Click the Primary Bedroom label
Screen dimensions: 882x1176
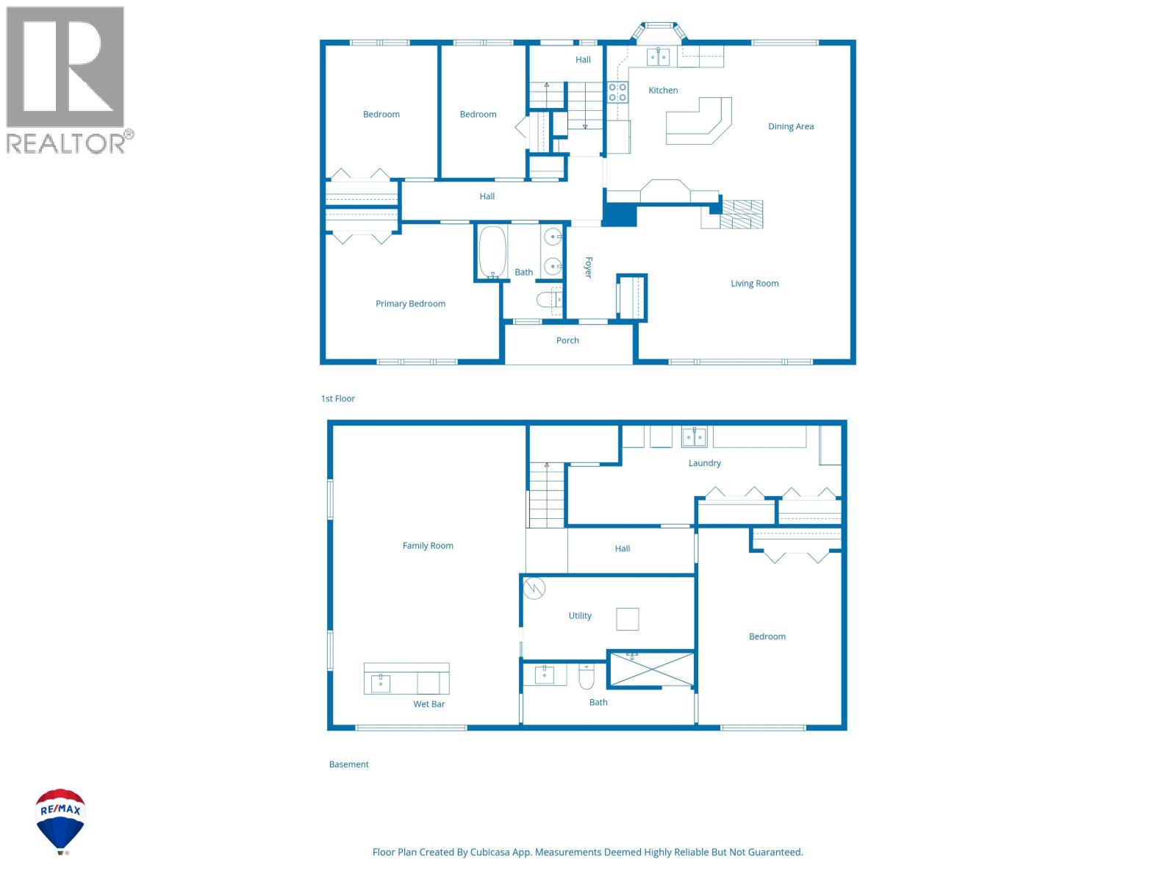coord(410,304)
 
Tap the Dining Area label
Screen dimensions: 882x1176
coord(790,126)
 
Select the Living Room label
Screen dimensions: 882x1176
coord(754,283)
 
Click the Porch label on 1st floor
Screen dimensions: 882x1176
coord(567,340)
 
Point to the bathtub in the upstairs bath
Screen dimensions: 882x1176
coord(492,251)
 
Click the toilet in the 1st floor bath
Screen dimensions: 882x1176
coord(548,299)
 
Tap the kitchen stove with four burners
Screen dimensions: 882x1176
coord(617,92)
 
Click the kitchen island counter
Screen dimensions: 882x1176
coord(698,122)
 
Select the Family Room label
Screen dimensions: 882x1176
coord(428,545)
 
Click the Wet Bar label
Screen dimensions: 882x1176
coord(429,704)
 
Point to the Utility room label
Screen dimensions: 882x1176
coord(580,616)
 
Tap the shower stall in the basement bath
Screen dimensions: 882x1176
coord(651,669)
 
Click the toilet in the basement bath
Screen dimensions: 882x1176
coord(586,677)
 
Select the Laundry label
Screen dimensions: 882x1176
coord(704,463)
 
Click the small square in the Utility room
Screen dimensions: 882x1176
coord(627,619)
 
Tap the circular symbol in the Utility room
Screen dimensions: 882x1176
coord(534,588)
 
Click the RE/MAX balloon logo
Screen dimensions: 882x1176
coord(61,820)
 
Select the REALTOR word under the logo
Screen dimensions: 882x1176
coord(66,143)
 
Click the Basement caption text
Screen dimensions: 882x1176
coord(348,764)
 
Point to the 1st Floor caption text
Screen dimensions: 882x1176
coord(337,398)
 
